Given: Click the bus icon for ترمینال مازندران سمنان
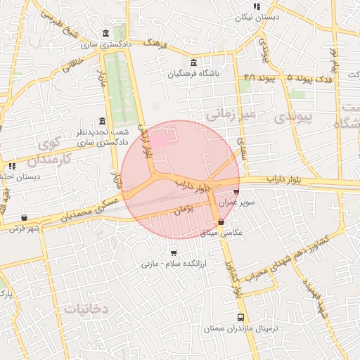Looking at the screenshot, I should tap(241, 318).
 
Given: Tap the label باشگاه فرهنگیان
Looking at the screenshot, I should tap(193, 72).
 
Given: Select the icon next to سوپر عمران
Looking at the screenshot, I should tap(236, 191).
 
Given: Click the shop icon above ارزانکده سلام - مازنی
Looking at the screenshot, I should tap(174, 252).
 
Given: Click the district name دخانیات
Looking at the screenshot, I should tap(85, 308).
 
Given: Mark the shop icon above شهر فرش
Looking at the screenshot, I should tap(25, 217).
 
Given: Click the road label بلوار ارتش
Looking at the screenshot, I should tap(146, 141).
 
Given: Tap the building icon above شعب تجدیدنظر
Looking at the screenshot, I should tap(103, 121).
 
